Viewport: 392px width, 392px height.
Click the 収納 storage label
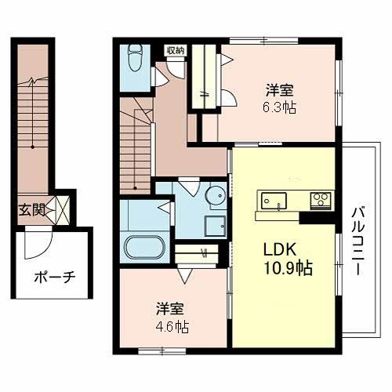175,50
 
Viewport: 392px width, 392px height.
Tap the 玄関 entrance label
32,209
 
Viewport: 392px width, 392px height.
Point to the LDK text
278,250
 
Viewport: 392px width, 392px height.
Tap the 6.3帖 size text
279,107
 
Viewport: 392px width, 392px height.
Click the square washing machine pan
215,226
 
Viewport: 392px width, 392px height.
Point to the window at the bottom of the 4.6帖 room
158,348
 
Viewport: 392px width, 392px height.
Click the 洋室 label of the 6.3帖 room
278,90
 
